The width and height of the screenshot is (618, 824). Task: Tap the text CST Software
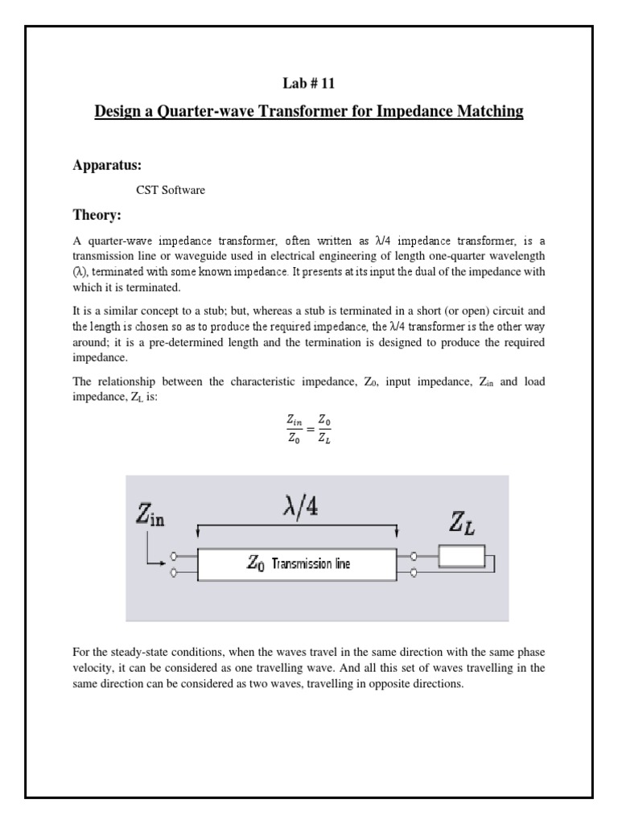point(171,190)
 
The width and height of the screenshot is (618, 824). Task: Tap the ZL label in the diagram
point(461,526)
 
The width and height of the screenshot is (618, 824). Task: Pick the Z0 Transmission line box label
point(298,564)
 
